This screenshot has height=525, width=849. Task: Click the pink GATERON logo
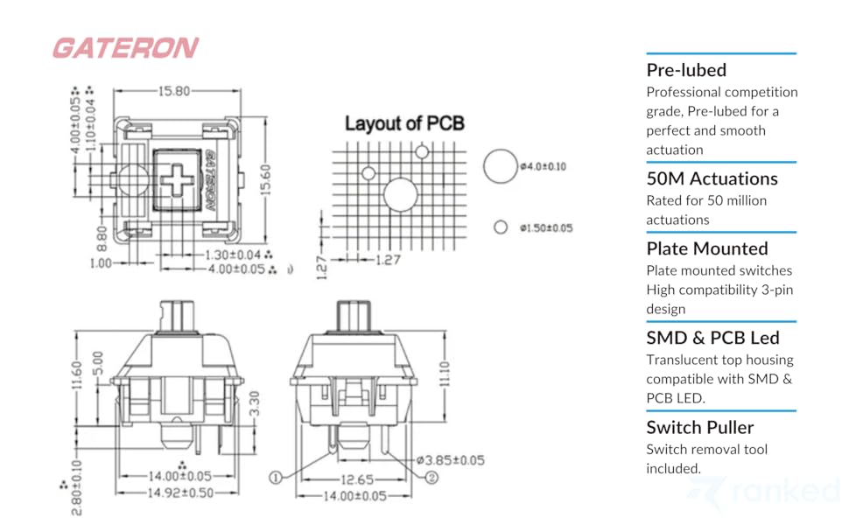[x=125, y=48]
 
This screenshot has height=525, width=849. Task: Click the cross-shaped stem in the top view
[x=178, y=179]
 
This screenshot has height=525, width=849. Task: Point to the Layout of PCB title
[x=403, y=123]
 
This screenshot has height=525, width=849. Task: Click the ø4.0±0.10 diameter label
[x=543, y=166]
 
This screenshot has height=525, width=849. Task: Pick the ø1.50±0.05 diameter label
[x=545, y=227]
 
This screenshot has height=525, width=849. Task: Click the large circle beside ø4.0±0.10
[x=501, y=165]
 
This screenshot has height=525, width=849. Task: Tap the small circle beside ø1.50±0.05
[x=501, y=227]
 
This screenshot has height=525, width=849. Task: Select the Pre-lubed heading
[x=686, y=70]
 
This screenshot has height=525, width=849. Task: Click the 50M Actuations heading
[x=712, y=178]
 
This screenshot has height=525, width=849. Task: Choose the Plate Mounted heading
[x=706, y=248]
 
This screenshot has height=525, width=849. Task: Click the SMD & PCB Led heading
[x=712, y=338]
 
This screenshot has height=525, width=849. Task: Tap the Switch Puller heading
[x=699, y=427]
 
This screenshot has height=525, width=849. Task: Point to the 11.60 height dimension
[x=78, y=379]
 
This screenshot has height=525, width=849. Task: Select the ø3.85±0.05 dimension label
[x=450, y=459]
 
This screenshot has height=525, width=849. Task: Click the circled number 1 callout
[x=275, y=478]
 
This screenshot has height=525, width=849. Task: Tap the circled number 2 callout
[x=432, y=478]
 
